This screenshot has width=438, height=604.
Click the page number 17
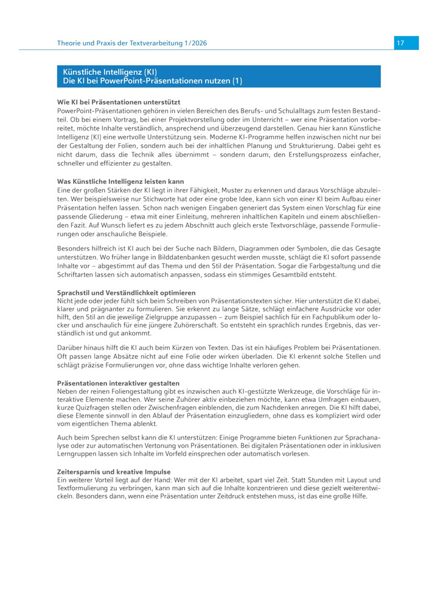pos(400,43)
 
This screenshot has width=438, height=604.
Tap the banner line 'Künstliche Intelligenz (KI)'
pos(110,72)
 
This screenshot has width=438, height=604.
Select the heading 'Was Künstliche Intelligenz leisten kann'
pos(120,181)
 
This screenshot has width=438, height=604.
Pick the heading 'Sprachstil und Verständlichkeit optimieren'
pos(126,293)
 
